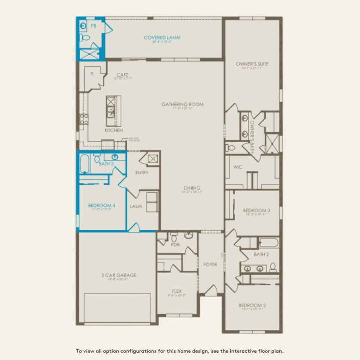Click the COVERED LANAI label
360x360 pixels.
tap(162, 38)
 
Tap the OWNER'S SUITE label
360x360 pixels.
tap(252, 64)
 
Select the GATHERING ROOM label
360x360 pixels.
tap(182, 104)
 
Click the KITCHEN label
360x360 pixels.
tap(113, 130)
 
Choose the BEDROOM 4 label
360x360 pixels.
tap(101, 206)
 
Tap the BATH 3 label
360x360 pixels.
tap(106, 164)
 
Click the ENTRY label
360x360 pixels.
tap(141, 173)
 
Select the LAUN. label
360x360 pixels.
tap(137, 207)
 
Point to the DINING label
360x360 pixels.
tap(192, 188)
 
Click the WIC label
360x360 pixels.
tap(238, 166)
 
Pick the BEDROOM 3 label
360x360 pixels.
tap(257, 210)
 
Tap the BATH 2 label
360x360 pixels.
tap(261, 254)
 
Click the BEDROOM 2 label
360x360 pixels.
tap(252, 306)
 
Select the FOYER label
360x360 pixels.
tap(210, 264)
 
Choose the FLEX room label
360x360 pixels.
tap(177, 291)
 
